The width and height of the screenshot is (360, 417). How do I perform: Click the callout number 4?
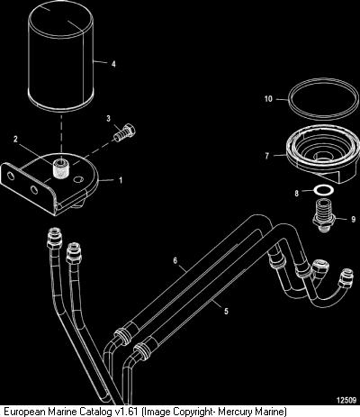(113, 64)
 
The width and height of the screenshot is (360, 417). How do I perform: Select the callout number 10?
(268, 98)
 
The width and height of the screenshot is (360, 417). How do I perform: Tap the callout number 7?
(266, 156)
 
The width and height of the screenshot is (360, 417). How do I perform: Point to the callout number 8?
(297, 193)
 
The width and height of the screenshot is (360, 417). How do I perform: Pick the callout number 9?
(353, 219)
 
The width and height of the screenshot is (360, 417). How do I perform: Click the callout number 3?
(109, 118)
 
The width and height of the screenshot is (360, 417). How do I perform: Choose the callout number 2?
(15, 139)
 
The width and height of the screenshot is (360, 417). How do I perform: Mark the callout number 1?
(121, 180)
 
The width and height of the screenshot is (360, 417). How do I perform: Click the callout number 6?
(175, 260)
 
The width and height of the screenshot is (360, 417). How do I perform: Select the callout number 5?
(226, 311)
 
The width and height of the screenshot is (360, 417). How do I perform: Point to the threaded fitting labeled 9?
(322, 215)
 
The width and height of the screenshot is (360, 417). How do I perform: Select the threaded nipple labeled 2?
(59, 168)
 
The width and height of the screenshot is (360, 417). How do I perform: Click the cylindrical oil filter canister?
(60, 57)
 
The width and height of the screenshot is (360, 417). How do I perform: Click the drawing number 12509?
(346, 400)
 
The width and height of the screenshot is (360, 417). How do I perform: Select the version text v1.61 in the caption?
(127, 411)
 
